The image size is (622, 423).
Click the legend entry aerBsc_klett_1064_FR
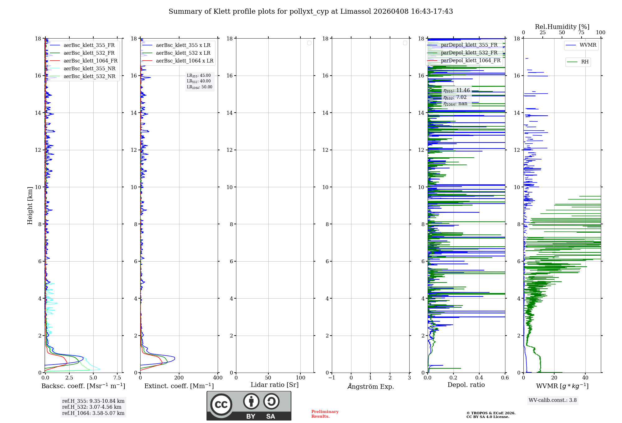click(x=90, y=61)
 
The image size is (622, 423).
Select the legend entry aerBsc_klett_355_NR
click(x=89, y=68)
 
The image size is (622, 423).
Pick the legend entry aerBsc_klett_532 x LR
click(x=183, y=53)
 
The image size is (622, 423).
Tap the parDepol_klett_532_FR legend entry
click(x=469, y=53)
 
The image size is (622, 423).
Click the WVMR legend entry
click(x=588, y=45)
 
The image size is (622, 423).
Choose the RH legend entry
click(x=585, y=62)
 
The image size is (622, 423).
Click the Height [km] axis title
click(x=30, y=206)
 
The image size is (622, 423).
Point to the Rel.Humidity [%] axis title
click(x=562, y=27)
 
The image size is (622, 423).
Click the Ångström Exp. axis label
click(x=370, y=386)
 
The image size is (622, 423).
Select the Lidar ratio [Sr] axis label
click(x=275, y=385)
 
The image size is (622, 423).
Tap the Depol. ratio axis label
click(x=466, y=385)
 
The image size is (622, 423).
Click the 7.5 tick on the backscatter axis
click(x=117, y=378)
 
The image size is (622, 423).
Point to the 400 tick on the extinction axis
click(x=218, y=378)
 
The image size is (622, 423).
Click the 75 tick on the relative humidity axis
click(x=581, y=32)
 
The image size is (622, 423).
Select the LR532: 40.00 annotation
click(x=199, y=81)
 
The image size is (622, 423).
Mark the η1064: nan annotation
click(x=455, y=104)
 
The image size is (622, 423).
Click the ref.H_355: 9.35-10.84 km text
click(x=93, y=401)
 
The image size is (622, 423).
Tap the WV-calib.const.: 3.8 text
click(x=553, y=400)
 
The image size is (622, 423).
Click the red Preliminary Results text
click(x=325, y=414)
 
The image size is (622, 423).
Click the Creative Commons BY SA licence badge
click(x=249, y=406)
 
